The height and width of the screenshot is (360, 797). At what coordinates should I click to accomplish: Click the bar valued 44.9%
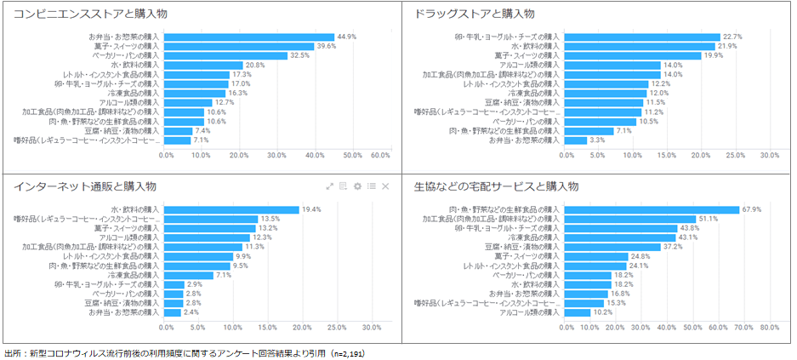click(248, 37)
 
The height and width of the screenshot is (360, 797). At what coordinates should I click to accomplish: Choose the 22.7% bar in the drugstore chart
click(641, 37)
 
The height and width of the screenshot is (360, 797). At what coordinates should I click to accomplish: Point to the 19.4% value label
click(311, 209)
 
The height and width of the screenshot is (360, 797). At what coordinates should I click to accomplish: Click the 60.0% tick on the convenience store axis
click(380, 156)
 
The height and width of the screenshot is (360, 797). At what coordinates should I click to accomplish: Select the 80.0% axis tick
click(769, 327)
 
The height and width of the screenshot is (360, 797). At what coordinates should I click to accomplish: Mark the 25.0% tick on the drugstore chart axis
click(735, 156)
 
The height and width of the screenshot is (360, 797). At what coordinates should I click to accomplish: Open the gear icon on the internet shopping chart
click(357, 186)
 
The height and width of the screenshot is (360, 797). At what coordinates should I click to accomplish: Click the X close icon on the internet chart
click(385, 186)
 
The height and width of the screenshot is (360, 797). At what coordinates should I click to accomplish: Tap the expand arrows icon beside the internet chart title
click(329, 186)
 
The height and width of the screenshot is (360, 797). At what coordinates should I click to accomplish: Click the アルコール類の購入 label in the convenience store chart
click(128, 102)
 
